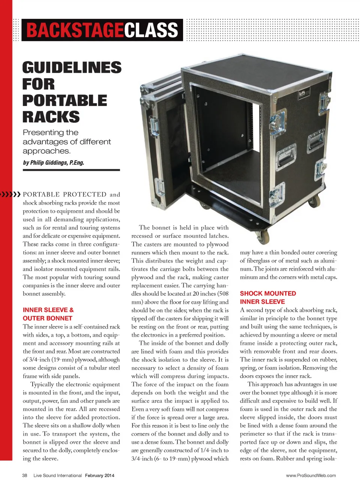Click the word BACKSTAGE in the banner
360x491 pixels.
point(75,30)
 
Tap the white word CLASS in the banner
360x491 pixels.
point(151,30)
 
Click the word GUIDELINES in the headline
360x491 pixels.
point(72,67)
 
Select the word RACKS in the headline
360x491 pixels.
point(51,117)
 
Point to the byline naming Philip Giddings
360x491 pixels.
point(54,163)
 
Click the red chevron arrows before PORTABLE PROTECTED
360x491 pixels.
point(10,194)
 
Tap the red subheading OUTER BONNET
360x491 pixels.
point(48,318)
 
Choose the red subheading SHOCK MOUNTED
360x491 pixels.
point(268,293)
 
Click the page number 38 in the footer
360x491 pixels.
point(25,476)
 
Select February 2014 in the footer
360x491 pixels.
point(99,476)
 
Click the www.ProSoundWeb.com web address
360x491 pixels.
point(311,476)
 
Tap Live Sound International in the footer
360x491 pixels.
point(57,476)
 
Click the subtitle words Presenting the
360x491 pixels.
point(51,132)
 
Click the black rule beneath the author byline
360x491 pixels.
point(71,170)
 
